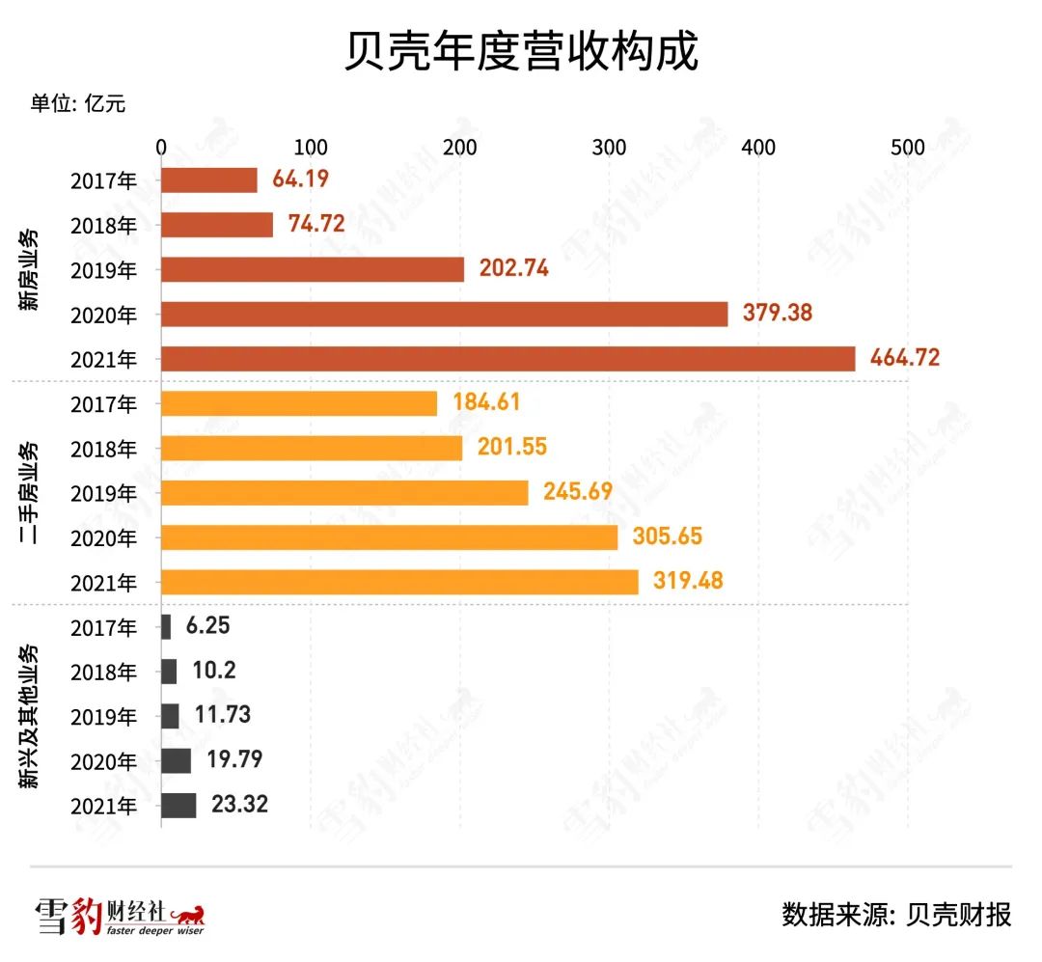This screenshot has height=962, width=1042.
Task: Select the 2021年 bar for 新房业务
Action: pyautogui.click(x=507, y=358)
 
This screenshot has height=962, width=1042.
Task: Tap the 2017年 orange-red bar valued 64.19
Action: pyautogui.click(x=208, y=180)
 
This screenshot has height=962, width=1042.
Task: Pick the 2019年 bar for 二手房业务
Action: pyautogui.click(x=344, y=492)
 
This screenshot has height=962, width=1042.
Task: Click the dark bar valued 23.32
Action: pyautogui.click(x=178, y=806)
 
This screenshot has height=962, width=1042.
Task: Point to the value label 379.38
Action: pyautogui.click(x=778, y=313)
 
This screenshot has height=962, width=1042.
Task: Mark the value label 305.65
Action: pyautogui.click(x=667, y=536)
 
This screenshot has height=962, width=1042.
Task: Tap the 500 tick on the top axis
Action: pyautogui.click(x=908, y=148)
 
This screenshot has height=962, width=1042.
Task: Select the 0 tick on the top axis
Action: pyautogui.click(x=161, y=148)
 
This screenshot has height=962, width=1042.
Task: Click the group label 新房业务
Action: pyautogui.click(x=31, y=269)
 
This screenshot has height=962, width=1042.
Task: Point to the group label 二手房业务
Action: pyautogui.click(x=31, y=492)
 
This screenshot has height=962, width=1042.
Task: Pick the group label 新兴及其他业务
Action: pyautogui.click(x=31, y=716)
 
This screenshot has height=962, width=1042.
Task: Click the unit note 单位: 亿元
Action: pyautogui.click(x=77, y=104)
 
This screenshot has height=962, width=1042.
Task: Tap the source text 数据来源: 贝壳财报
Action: pyautogui.click(x=896, y=914)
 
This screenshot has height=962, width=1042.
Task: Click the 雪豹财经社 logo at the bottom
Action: pyautogui.click(x=120, y=916)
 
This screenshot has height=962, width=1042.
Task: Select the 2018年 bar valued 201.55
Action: pyautogui.click(x=312, y=448)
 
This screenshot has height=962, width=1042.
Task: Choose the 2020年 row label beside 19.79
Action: pyautogui.click(x=103, y=761)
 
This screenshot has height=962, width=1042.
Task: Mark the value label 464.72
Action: pyautogui.click(x=904, y=358)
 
